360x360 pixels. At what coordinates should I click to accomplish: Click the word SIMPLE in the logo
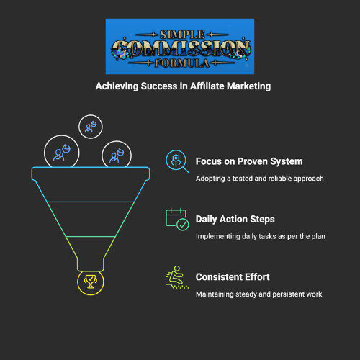pyautogui.click(x=182, y=35)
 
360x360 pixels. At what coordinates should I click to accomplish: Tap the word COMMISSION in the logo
pyautogui.click(x=181, y=49)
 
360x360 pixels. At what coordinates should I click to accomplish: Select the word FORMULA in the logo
pyautogui.click(x=181, y=63)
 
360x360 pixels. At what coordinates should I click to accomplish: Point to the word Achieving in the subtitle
pyautogui.click(x=117, y=86)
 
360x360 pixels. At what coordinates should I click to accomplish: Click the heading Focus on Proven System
pyautogui.click(x=249, y=161)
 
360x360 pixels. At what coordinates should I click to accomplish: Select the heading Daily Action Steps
pyautogui.click(x=235, y=220)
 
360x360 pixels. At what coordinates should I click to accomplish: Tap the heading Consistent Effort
pyautogui.click(x=233, y=277)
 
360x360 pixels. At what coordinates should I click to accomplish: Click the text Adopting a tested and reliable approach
pyautogui.click(x=260, y=179)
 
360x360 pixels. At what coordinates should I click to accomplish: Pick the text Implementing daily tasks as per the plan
pyautogui.click(x=261, y=236)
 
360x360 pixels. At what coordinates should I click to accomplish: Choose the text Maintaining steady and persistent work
pyautogui.click(x=259, y=294)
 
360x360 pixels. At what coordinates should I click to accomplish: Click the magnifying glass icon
pyautogui.click(x=177, y=161)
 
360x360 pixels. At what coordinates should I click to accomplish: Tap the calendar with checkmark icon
pyautogui.click(x=177, y=219)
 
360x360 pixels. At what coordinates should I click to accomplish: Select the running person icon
pyautogui.click(x=177, y=277)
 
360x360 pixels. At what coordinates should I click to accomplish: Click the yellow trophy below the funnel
pyautogui.click(x=91, y=282)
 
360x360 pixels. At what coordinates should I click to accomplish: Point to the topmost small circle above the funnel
pyautogui.click(x=91, y=115)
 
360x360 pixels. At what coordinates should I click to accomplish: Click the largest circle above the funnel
pyautogui.click(x=62, y=135)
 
